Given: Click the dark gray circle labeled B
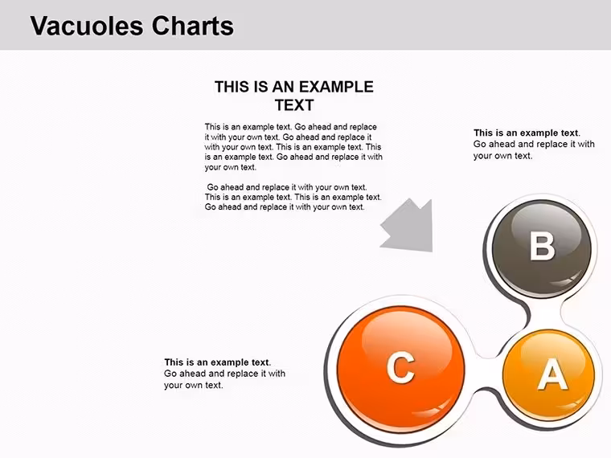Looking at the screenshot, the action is pos(541,248).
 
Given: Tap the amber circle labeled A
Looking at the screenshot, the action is pos(548,375).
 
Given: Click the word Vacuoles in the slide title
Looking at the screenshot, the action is pos(87,26).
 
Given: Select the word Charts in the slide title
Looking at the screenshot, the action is pos(192,26).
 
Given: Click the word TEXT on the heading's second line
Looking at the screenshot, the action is pos(294,105).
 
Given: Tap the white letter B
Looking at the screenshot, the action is pos(542,246).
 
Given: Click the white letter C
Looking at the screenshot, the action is pos(400,367).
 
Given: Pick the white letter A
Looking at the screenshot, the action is pos(552,374).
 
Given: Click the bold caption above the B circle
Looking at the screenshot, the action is pos(527,133).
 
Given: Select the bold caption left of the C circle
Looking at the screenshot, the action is pos(217,362).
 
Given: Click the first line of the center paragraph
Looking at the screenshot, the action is pos(291,127).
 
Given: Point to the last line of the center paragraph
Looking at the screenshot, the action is pos(285,207).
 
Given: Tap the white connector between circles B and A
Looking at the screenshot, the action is pos(545,315).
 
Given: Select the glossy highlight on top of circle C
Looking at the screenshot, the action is pos(411,333).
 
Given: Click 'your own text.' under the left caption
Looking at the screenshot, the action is pos(193,385).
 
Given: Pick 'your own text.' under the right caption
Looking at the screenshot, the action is pos(502,156).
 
